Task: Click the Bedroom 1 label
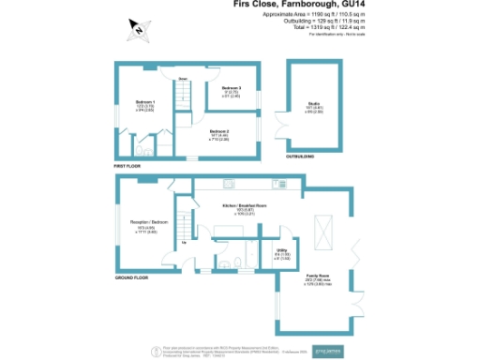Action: click(145, 100)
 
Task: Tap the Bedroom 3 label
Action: click(219, 88)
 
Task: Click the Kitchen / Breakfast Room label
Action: click(245, 205)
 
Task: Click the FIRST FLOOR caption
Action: click(127, 165)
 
